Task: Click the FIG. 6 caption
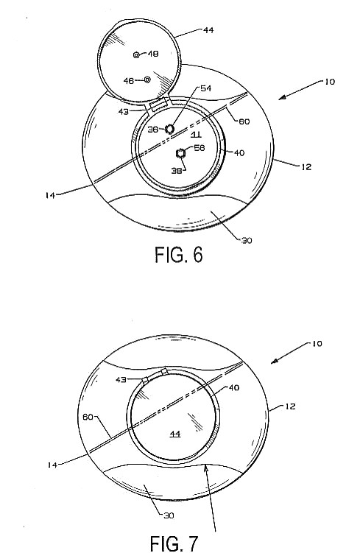pyautogui.click(x=179, y=255)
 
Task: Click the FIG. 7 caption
pyautogui.click(x=174, y=543)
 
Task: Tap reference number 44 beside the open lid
pyautogui.click(x=208, y=30)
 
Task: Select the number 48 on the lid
pyautogui.click(x=152, y=54)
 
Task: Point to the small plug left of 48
pyautogui.click(x=136, y=54)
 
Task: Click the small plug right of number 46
pyautogui.click(x=147, y=80)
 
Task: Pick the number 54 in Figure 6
pyautogui.click(x=205, y=88)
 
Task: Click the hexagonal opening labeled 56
pyautogui.click(x=180, y=153)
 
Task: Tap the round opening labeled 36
pyautogui.click(x=170, y=129)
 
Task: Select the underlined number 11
pyautogui.click(x=197, y=134)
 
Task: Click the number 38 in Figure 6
pyautogui.click(x=177, y=171)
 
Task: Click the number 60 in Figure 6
pyautogui.click(x=244, y=121)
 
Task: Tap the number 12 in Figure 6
pyautogui.click(x=306, y=167)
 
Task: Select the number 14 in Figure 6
pyautogui.click(x=50, y=195)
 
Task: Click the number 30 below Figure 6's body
pyautogui.click(x=247, y=241)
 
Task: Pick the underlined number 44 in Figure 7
pyautogui.click(x=175, y=434)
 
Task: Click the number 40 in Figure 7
pyautogui.click(x=234, y=387)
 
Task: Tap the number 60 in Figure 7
pyautogui.click(x=88, y=417)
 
